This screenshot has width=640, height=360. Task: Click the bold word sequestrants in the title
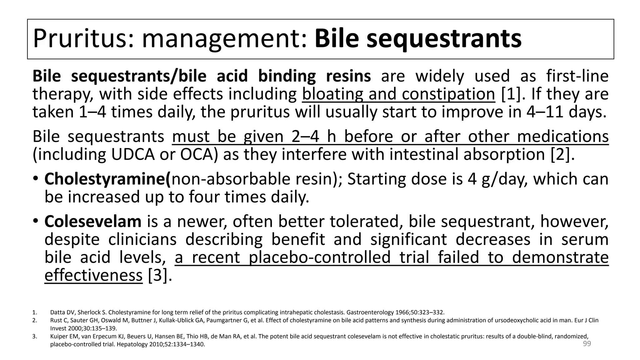point(444,39)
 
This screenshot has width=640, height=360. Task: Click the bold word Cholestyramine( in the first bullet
point(108,179)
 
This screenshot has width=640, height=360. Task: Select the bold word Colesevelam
point(93,221)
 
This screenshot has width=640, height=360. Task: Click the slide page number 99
point(587,344)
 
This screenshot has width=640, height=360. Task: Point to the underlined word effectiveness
point(93,275)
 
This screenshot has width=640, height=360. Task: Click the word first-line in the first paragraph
point(577,76)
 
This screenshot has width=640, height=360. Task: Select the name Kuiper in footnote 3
point(58,337)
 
